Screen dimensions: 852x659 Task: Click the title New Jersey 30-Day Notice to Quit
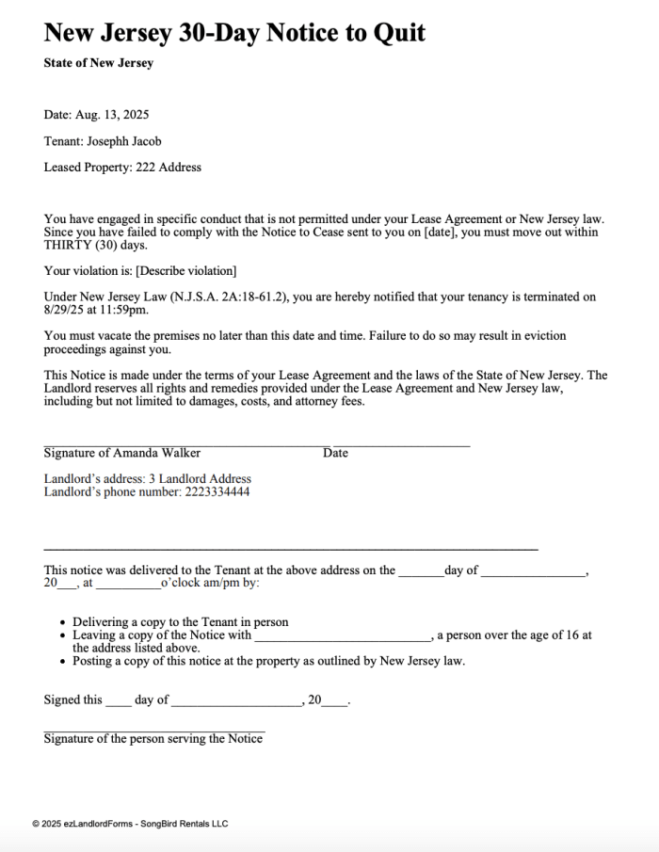234,34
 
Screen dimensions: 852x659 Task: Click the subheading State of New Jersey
98,63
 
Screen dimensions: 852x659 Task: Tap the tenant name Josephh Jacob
124,141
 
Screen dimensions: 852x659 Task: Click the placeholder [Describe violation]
185,271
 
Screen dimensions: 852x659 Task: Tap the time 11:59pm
129,309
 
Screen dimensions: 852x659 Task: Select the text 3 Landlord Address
200,478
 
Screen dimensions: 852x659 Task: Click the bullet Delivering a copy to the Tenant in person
181,622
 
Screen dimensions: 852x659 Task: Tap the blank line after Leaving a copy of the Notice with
343,635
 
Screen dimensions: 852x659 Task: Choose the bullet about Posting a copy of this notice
268,661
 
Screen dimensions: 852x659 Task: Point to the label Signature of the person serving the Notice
153,739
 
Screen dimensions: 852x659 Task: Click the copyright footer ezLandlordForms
130,824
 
